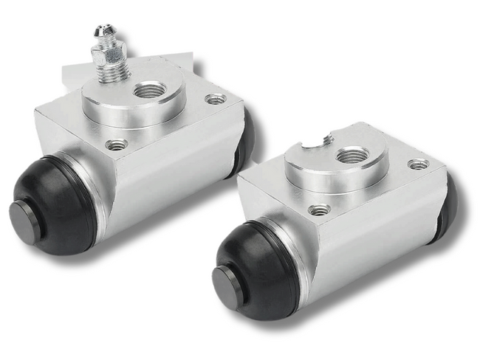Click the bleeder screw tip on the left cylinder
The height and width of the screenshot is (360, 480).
click(100, 30)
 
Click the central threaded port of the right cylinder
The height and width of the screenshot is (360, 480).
click(353, 155)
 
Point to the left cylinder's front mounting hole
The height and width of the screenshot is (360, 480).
click(117, 145)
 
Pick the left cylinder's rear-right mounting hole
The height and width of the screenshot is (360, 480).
click(216, 98)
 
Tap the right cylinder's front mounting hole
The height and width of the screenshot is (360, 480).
click(319, 210)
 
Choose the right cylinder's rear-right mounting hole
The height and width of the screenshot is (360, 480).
click(419, 164)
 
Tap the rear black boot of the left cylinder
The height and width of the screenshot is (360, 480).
click(244, 140)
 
